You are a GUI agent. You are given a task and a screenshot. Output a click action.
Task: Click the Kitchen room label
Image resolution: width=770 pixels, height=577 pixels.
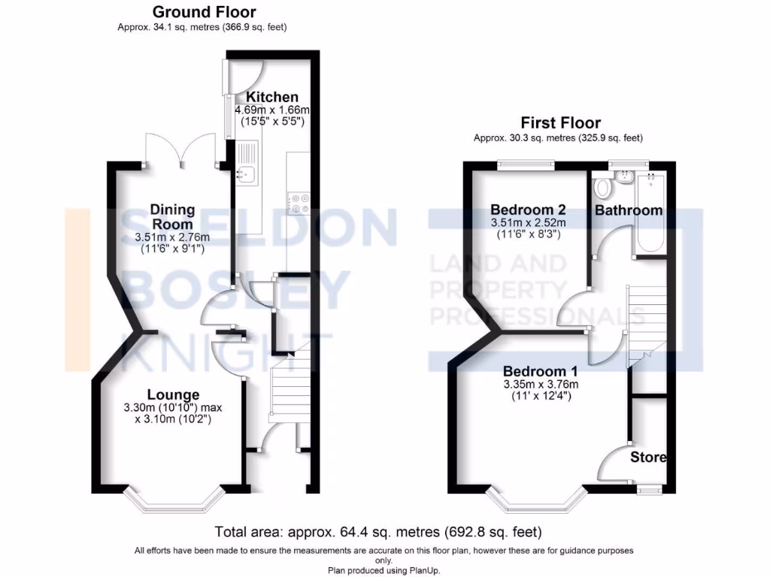click(x=272, y=97)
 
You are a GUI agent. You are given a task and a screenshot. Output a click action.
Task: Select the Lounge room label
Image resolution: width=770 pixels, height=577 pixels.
click(x=173, y=394)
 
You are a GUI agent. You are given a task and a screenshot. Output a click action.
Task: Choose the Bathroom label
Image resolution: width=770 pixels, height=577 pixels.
click(x=629, y=210)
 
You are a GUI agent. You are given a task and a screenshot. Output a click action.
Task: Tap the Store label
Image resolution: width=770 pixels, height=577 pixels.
click(x=648, y=457)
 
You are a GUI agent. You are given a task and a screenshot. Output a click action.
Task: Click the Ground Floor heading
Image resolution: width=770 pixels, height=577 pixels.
click(x=204, y=12)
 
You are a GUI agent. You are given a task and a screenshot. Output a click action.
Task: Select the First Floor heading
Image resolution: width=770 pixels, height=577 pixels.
click(x=561, y=123)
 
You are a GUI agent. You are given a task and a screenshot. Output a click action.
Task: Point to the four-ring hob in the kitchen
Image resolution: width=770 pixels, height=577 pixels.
click(x=299, y=203)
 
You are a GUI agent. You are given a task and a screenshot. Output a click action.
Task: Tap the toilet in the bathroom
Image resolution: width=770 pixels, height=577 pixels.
click(x=601, y=187)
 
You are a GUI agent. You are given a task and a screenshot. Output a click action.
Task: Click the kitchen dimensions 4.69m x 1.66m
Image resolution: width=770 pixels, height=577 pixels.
click(x=273, y=110)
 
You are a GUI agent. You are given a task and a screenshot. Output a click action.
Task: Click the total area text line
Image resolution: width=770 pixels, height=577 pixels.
click(x=378, y=532)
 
